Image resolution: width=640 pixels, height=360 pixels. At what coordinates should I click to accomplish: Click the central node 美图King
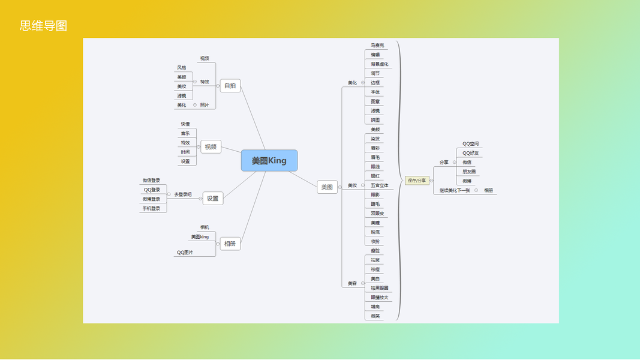pos(269,161)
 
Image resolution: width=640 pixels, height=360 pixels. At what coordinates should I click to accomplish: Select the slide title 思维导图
pos(43,26)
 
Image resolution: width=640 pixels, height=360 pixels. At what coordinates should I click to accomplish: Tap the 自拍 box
pos(230,86)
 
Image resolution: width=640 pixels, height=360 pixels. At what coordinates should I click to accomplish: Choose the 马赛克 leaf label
pos(377,45)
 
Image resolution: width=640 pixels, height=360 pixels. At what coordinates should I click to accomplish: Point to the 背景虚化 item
pos(379,64)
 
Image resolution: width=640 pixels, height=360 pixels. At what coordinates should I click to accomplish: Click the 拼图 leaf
pos(375,120)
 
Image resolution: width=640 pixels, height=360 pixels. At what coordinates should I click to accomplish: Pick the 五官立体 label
pos(379,185)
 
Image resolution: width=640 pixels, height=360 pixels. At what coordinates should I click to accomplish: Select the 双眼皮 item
pos(377,213)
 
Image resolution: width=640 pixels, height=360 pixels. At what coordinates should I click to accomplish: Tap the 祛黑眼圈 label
pos(379,288)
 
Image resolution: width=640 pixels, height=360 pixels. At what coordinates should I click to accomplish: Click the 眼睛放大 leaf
pos(379,298)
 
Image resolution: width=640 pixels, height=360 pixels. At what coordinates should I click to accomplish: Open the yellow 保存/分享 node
pos(417,180)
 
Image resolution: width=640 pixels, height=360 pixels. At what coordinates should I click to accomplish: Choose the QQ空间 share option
pos(470,144)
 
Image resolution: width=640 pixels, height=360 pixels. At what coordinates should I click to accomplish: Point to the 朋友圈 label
pos(468,172)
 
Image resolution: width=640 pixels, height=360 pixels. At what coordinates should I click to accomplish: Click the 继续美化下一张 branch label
pos(454,190)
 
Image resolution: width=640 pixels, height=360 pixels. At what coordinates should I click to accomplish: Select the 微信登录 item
pos(151,180)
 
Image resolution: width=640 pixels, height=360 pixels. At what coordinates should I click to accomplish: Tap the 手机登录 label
pos(151,208)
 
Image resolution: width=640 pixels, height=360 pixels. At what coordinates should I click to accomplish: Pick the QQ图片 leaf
pos(185,253)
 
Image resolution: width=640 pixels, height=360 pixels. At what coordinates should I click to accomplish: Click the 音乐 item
pos(185,133)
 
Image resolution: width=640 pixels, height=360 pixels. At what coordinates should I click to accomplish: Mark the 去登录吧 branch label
pos(183,194)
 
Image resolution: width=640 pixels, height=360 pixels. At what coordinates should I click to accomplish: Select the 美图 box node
pos(327,187)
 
